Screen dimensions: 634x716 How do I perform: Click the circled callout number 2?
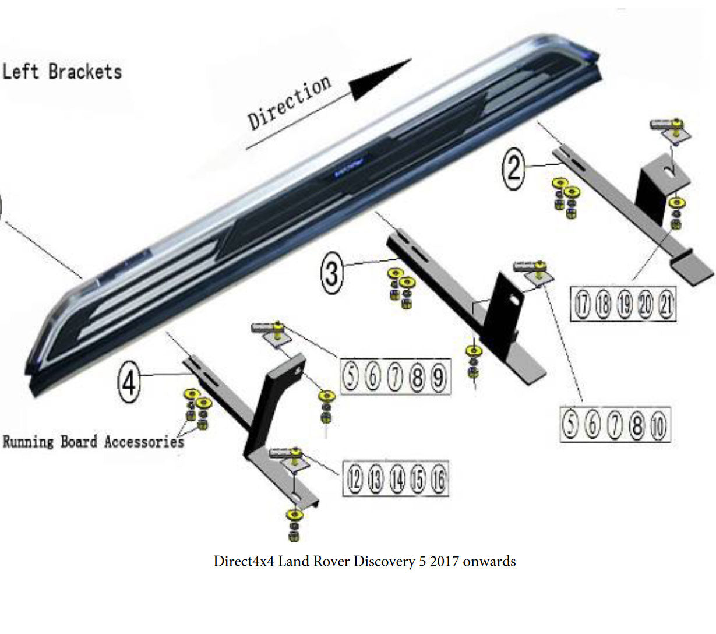[514, 168]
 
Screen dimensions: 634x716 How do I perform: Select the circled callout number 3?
[332, 272]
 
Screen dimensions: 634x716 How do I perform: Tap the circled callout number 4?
[129, 383]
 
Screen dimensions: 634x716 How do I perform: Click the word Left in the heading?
[21, 72]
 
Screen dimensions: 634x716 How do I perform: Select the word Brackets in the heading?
[85, 72]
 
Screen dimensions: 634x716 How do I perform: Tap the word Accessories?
[144, 441]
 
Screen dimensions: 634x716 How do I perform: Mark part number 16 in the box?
[438, 480]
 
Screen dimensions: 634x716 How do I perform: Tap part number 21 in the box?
[666, 304]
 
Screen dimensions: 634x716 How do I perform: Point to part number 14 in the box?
[397, 480]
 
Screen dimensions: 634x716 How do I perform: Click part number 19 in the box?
[624, 304]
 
